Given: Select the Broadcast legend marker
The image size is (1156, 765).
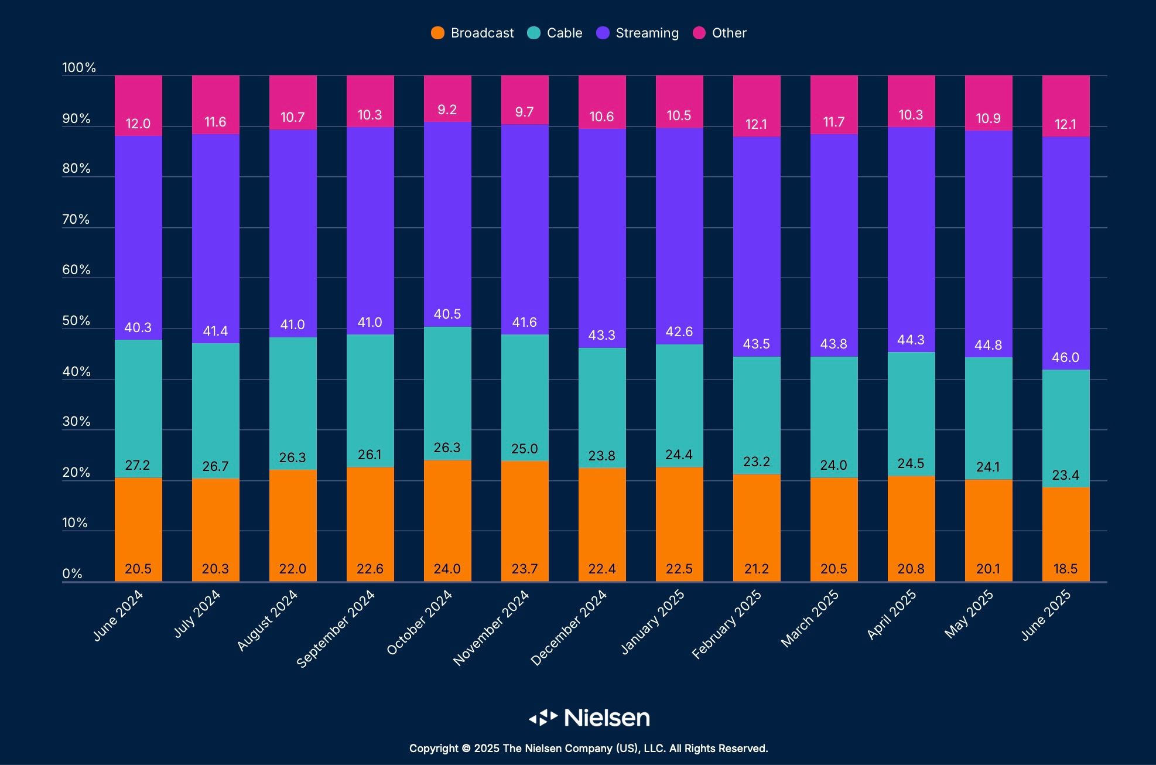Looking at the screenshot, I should coord(437,33).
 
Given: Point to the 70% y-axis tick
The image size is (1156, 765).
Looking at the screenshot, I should coord(76,220).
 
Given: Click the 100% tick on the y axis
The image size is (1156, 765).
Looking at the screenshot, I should coord(78,68).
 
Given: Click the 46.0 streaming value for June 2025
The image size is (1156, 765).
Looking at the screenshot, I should coord(1065,357).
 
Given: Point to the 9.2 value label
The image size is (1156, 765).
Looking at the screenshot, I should coord(447,110).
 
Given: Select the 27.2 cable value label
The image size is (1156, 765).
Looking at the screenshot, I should coord(138,465).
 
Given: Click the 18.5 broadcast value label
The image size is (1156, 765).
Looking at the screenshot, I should coord(1065,569).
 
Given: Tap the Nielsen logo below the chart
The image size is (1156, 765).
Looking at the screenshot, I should coord(589,718).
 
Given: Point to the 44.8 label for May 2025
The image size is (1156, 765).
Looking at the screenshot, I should coord(988,345).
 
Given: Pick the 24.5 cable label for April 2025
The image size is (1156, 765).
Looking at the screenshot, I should coord(911,463).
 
